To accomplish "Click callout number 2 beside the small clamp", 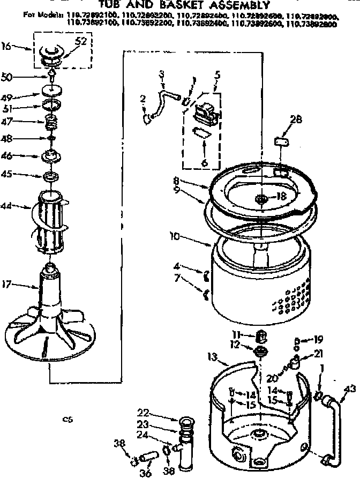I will [x=142, y=99].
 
